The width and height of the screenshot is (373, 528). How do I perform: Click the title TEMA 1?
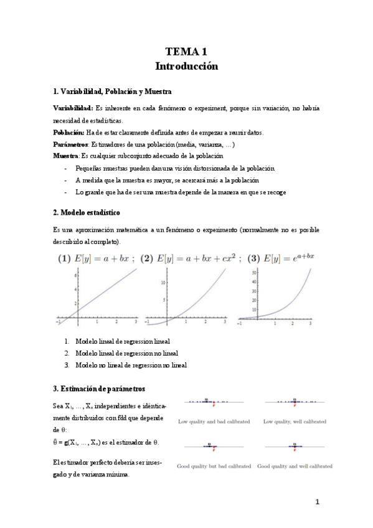(187, 52)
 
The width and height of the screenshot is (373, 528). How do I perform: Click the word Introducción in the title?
(187, 65)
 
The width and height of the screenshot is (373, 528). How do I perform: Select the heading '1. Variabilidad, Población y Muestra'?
(108, 92)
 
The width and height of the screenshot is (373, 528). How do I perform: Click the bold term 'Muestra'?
(67, 156)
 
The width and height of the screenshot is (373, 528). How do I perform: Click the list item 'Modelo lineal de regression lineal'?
(122, 341)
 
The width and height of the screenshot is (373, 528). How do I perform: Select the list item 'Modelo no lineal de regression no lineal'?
(131, 365)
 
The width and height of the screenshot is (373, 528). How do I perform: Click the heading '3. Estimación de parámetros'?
(100, 389)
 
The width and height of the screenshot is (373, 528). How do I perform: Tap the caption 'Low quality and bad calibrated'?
(214, 422)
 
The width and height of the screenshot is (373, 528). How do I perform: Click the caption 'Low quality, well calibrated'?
(294, 422)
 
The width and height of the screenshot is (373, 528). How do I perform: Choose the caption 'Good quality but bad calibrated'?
(214, 466)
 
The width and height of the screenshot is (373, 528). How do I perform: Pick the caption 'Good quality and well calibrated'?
(294, 466)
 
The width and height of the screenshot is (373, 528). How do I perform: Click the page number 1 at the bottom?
(317, 502)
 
